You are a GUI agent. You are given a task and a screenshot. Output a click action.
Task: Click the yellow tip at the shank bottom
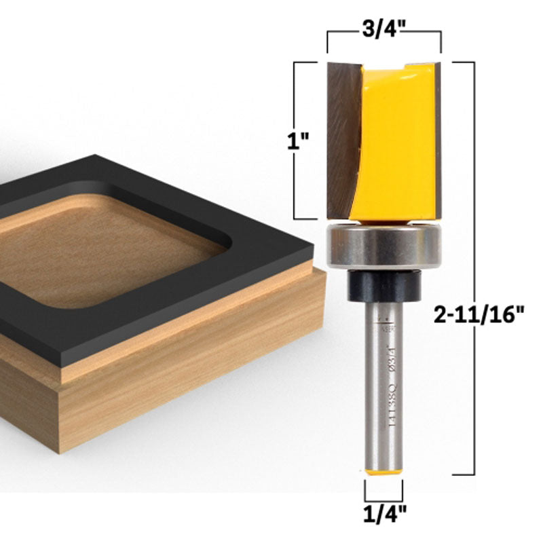[384, 471]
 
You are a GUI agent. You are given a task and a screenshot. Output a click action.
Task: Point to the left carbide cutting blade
[343, 136]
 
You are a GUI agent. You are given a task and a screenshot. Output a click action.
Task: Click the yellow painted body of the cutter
[397, 143]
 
